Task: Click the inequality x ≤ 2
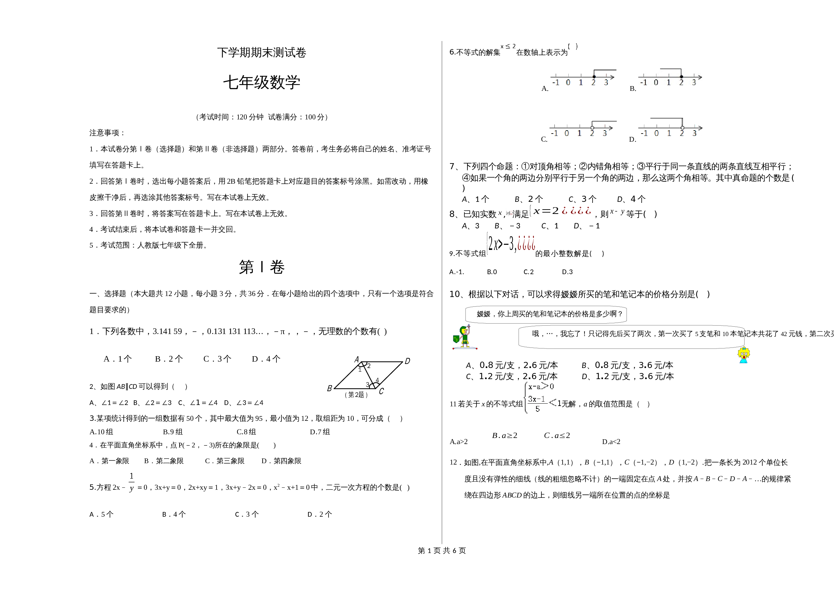[x=508, y=46]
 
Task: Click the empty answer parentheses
[x=572, y=46]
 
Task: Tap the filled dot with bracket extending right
[x=594, y=77]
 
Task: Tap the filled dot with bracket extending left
[x=681, y=77]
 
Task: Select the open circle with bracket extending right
[x=592, y=127]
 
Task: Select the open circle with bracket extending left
[x=682, y=127]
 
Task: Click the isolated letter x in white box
[x=500, y=213]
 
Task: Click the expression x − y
[x=617, y=212]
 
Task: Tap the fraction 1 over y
[x=131, y=482]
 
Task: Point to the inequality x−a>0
[x=541, y=386]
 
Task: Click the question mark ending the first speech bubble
[x=620, y=314]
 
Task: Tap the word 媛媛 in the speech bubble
[x=484, y=314]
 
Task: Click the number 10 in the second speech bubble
[x=725, y=334]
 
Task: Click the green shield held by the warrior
[x=456, y=339]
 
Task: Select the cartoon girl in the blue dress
[x=744, y=355]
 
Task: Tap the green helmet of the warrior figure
[x=463, y=330]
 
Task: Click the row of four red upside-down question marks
[x=576, y=210]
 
